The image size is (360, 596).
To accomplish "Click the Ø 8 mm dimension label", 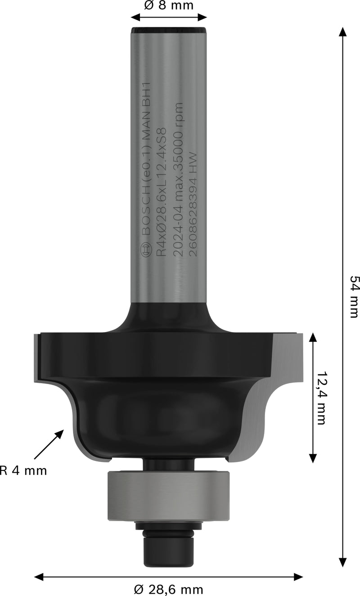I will point(169,6).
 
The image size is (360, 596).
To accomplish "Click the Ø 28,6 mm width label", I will point(169,589).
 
